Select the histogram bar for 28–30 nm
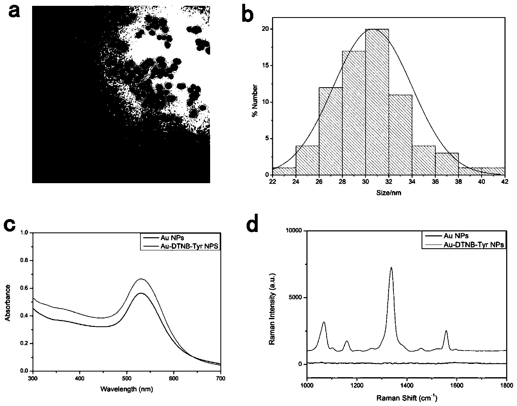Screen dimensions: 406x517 [354, 113]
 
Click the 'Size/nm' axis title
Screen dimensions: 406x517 [389, 193]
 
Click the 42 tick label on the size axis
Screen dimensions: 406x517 [505, 182]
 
